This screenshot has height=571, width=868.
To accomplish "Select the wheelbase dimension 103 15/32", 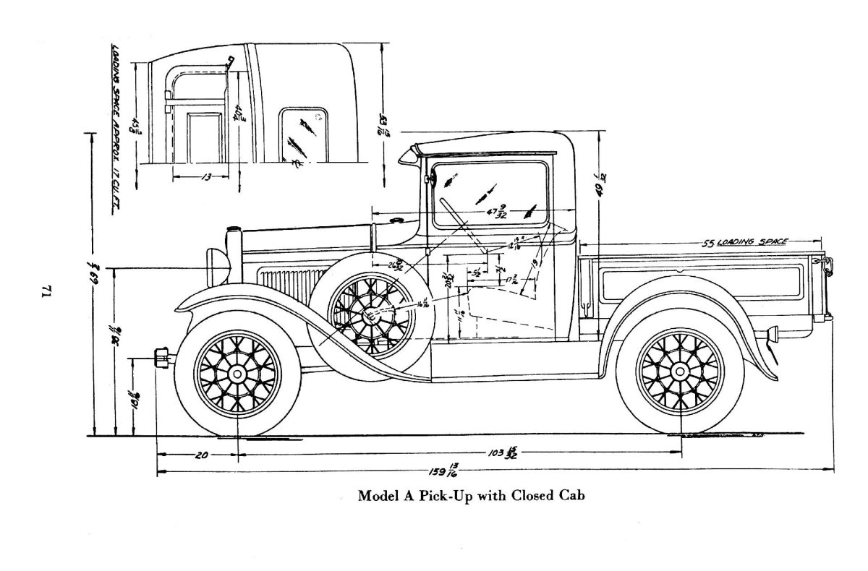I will click(503, 453).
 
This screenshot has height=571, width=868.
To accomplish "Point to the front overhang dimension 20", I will click(202, 455).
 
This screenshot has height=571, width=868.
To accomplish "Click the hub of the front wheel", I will click(237, 373).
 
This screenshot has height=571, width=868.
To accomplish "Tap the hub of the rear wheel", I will click(680, 372).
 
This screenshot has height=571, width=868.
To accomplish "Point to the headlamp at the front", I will click(216, 265).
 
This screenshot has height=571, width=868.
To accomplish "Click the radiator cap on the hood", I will click(233, 231).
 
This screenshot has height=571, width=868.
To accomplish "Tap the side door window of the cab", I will click(490, 194).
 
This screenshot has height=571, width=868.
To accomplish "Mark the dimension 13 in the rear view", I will click(205, 176).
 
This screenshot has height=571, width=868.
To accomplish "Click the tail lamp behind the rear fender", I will click(770, 334).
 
